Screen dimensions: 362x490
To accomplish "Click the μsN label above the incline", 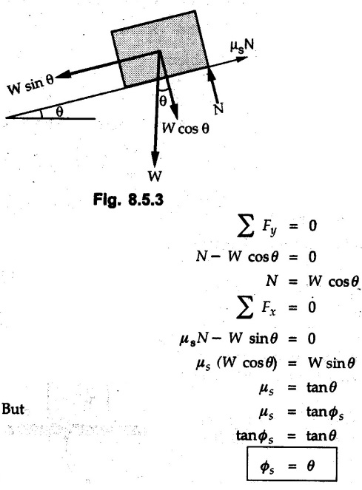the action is [242, 47].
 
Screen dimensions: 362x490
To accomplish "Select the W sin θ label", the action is [30, 84].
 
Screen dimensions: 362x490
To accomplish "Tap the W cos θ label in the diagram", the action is [185, 128].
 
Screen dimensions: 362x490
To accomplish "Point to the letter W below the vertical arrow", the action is [155, 176].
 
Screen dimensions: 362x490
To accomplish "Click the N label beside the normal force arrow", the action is [218, 109].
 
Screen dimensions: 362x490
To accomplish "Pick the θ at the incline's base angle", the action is [59, 112].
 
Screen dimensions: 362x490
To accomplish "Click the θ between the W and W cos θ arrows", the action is [163, 101].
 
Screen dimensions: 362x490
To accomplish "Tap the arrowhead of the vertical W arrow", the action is [155, 160].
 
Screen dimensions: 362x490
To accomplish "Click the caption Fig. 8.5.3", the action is [128, 200].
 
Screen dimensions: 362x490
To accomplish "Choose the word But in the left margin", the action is [13, 409].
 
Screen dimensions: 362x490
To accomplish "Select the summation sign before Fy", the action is [245, 226].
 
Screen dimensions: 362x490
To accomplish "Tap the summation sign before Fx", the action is [245, 307].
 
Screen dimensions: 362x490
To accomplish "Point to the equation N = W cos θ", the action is [312, 282].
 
